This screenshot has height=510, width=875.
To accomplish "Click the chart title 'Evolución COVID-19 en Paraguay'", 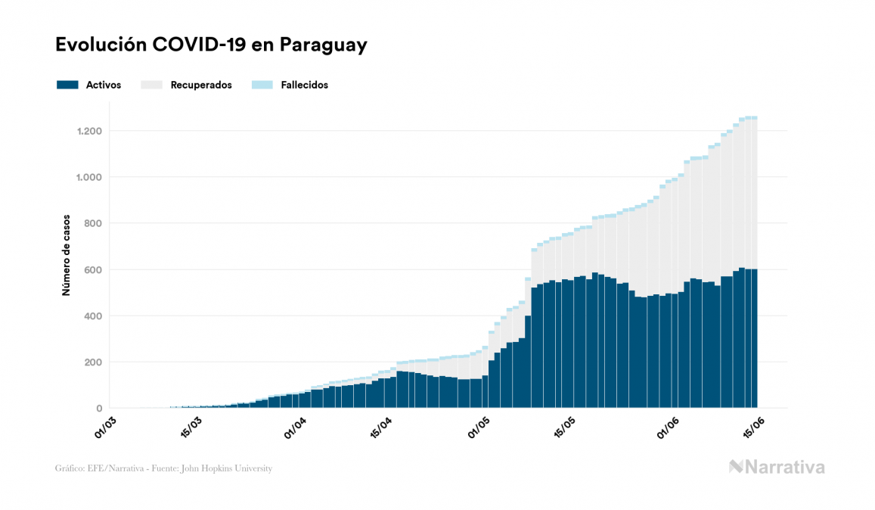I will coord(211,45).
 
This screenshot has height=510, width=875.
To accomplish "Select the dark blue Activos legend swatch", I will coord(67,85).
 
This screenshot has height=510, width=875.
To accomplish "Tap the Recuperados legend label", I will coord(201,85).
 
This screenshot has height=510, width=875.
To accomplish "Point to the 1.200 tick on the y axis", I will coord(89,131).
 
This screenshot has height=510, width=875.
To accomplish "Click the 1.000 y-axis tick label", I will coord(89,177).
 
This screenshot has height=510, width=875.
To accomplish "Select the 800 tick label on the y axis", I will coord(93,223).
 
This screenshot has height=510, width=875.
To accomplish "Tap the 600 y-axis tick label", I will coord(93,269).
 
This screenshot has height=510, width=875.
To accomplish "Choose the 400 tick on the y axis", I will coord(93,316).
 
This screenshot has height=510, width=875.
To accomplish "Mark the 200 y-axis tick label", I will coord(93,362).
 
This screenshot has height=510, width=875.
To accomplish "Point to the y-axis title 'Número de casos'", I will coord(67,254).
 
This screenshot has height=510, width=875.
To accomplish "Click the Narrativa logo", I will coord(777,467).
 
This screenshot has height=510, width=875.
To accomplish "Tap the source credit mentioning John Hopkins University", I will coord(163,468).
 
